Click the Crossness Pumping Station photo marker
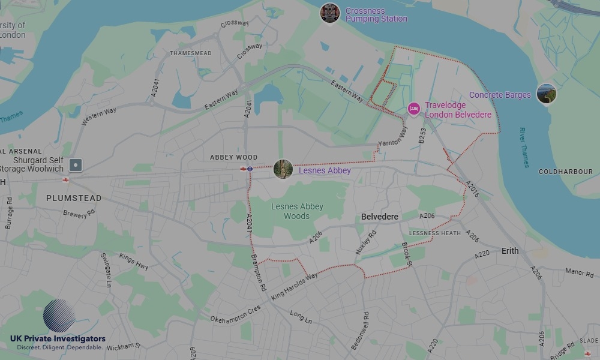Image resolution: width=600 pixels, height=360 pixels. point(330,13)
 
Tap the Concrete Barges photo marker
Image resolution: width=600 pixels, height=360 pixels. point(546,94)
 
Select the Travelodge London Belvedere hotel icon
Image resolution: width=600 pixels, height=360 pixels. point(413,109)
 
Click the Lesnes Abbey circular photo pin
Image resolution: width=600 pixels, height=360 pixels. point(283,169)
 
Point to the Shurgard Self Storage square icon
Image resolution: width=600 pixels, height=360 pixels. point(76,164)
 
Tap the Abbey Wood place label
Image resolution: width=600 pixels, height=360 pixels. point(233,157)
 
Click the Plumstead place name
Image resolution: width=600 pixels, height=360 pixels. point(74,198)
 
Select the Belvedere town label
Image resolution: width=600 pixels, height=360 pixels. point(380,217)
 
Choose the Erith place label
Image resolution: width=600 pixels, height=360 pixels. point(510,251)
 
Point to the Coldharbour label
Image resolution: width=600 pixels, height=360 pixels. point(565,172)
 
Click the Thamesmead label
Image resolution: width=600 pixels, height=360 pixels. point(191,53)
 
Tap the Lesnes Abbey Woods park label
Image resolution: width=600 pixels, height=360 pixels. point(297,211)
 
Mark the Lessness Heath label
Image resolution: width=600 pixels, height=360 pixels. point(435,233)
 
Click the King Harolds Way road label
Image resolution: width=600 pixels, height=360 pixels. point(294,287)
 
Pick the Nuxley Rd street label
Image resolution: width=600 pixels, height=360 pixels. point(366,241)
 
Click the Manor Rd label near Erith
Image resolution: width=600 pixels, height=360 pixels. point(579,272)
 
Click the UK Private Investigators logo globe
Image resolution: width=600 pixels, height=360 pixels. point(59,316)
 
